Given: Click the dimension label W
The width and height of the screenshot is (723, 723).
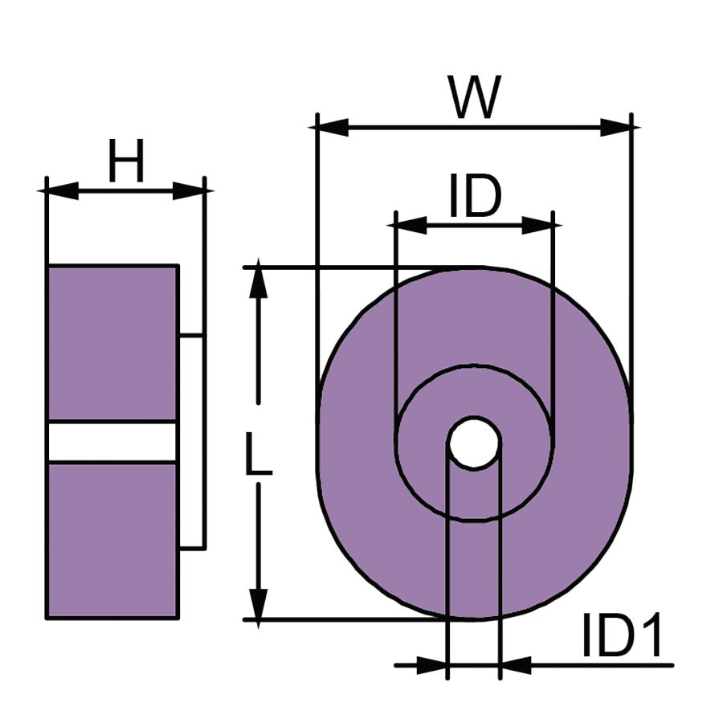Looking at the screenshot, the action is [475, 97].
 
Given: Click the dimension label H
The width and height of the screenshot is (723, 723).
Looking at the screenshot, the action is [126, 161].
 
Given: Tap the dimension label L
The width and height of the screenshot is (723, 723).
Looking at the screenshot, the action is [258, 453].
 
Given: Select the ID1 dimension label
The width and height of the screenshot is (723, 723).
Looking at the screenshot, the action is [622, 635].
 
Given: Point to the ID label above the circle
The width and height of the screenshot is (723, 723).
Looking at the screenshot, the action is [475, 196].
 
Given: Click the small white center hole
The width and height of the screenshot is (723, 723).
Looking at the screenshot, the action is [474, 443].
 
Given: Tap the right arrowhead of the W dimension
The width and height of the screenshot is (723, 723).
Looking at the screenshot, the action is [615, 127].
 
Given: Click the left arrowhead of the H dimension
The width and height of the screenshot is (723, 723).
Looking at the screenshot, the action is [63, 190].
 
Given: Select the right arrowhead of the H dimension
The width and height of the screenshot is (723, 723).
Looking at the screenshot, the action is [189, 190].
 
